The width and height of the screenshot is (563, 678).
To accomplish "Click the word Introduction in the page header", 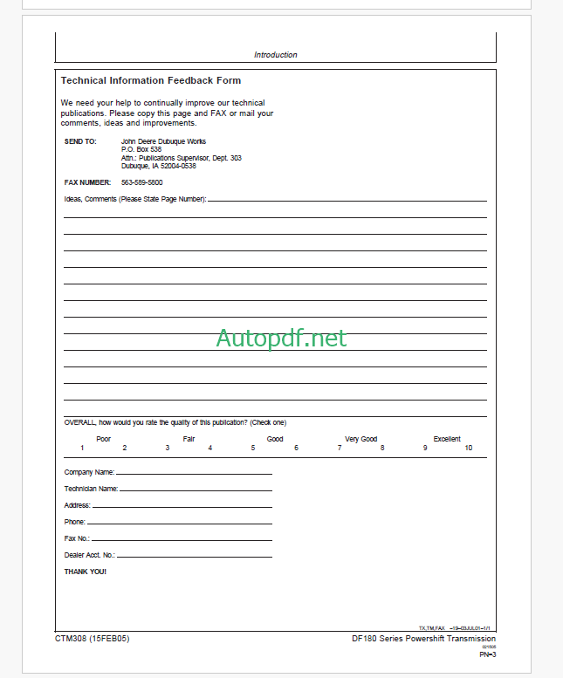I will [275, 55].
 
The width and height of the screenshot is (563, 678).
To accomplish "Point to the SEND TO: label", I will [80, 141].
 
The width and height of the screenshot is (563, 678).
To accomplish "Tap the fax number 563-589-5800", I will [141, 182].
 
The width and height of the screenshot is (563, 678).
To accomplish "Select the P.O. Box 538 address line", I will [141, 149].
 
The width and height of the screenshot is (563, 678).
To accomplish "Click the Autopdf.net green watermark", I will [281, 338].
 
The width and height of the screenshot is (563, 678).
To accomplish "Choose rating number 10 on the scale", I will [468, 448].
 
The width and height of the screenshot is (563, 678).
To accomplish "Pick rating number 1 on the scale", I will [82, 448].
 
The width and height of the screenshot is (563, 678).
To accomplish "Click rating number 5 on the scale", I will [253, 448].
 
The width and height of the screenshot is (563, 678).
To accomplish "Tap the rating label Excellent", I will [447, 439].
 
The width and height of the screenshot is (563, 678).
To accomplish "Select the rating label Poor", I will [103, 439].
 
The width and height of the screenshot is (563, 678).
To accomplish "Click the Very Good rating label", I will [360, 439].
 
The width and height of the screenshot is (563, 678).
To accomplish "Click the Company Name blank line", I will [194, 473].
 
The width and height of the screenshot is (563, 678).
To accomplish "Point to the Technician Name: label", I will [91, 489].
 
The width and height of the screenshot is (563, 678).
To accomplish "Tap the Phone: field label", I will [75, 522].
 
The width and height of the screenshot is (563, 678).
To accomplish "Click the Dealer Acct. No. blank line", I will [194, 556].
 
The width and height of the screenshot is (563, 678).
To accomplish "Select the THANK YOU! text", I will [86, 572].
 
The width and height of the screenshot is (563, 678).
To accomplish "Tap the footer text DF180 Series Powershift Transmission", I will [423, 639].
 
